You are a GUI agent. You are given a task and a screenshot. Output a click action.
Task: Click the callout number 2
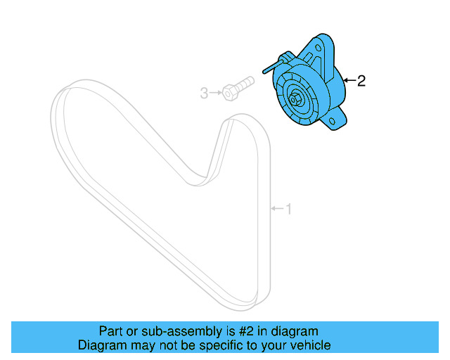[x=361, y=82]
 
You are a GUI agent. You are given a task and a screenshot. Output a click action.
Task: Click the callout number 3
[x=205, y=92]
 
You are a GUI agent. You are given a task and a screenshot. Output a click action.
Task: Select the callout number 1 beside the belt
[x=288, y=208]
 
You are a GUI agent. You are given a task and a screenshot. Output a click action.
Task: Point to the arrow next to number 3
[x=215, y=92]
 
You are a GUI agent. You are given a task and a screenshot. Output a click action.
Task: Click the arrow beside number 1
[x=277, y=208]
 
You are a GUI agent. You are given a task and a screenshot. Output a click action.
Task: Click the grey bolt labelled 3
[x=236, y=88]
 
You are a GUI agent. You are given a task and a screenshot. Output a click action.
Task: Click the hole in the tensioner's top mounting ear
[x=325, y=45]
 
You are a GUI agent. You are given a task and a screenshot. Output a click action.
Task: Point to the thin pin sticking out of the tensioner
[x=270, y=68]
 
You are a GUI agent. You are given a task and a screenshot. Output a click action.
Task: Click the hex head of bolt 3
[x=229, y=91]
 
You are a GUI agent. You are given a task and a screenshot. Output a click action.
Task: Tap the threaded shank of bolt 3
[x=244, y=83]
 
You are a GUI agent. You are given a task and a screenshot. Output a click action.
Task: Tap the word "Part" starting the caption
[x=110, y=331]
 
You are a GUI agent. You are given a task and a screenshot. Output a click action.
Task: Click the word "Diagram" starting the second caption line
[x=100, y=345]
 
